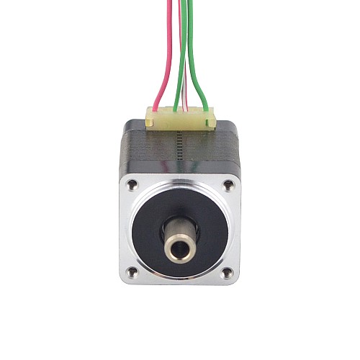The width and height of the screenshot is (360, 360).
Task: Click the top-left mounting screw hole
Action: [x=132, y=185]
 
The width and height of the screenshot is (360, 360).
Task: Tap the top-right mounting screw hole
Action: [x=228, y=185]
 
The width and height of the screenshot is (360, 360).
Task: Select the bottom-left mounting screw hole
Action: [x=132, y=271]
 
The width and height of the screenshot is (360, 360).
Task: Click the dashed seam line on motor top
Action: [x=176, y=151]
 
